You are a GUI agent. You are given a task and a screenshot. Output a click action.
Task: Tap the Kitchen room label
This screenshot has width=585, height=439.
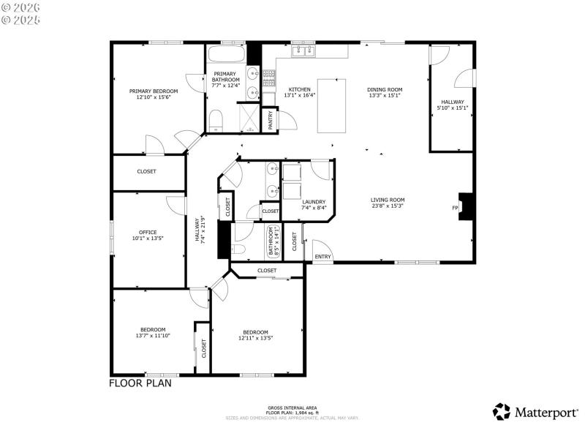pyautogui.click(x=299, y=89)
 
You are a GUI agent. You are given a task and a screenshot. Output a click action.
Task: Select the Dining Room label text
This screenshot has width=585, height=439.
pyautogui.click(x=385, y=89)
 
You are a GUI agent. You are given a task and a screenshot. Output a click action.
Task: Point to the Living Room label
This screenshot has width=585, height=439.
pyautogui.click(x=387, y=200)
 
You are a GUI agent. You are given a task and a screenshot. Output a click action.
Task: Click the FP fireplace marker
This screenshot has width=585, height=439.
pyautogui.click(x=455, y=208)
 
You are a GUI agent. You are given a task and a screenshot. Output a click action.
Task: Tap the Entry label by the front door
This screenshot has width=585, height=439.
pyautogui.click(x=322, y=257)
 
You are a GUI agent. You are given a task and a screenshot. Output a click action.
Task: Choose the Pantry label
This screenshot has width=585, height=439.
pyautogui.click(x=271, y=119)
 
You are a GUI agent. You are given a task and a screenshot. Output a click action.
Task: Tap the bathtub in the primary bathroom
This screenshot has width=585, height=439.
pyautogui.click(x=226, y=56)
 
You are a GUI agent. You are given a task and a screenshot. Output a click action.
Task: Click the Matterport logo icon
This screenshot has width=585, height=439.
pyautogui.click(x=502, y=412)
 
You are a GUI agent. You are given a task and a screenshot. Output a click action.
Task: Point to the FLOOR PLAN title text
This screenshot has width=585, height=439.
pyautogui.click(x=140, y=383)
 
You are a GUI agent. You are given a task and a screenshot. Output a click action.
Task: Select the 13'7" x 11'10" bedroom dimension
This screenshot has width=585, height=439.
pyautogui.click(x=153, y=336)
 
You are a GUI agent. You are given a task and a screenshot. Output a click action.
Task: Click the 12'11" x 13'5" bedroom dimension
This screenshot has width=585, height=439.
pyautogui.click(x=256, y=338)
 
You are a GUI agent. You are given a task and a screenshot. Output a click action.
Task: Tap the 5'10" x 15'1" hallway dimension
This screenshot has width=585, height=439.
pyautogui.click(x=453, y=108)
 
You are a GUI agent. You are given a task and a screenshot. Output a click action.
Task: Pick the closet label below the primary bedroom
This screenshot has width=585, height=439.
pyautogui.click(x=146, y=172)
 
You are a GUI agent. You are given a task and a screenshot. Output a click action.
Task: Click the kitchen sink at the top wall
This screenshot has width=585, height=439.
pyautogui.click(x=303, y=51)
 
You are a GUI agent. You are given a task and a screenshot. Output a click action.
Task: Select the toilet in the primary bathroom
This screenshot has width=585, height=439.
pyautogui.click(x=215, y=121)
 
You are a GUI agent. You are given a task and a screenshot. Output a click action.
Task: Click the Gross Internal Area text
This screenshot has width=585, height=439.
pyautogui.click(x=292, y=408)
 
